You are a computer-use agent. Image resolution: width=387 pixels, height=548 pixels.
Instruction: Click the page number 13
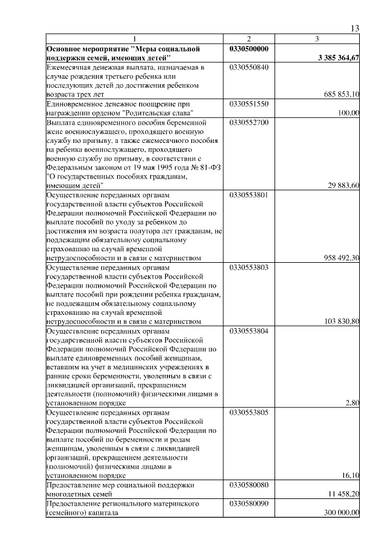pyautogui.click(x=355, y=28)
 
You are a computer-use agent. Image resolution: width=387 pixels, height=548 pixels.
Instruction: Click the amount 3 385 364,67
pyautogui.click(x=338, y=58)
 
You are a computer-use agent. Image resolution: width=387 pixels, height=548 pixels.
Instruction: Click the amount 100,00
pyautogui.click(x=350, y=113)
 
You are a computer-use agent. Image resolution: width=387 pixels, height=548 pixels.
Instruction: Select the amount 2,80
pyautogui.click(x=353, y=403)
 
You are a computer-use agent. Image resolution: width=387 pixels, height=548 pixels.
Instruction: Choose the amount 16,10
pyautogui.click(x=351, y=476)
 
